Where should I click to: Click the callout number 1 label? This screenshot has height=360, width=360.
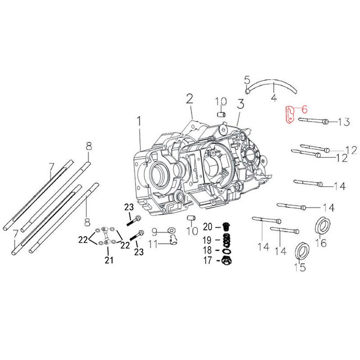[x=139, y=121]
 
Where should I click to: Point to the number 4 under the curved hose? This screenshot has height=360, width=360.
[x=273, y=98]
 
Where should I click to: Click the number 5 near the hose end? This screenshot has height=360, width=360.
[x=247, y=80]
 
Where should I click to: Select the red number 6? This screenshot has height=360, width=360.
[x=304, y=109]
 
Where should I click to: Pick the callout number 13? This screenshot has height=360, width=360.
[x=343, y=122]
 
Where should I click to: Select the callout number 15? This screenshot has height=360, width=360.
[x=299, y=267]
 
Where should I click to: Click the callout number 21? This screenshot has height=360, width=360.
[x=109, y=260]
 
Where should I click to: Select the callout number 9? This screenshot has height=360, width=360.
[x=154, y=232]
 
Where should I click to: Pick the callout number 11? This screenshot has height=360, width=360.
[x=153, y=244]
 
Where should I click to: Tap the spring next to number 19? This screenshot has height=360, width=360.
[x=228, y=238]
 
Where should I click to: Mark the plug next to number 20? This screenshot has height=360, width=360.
[x=227, y=226]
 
